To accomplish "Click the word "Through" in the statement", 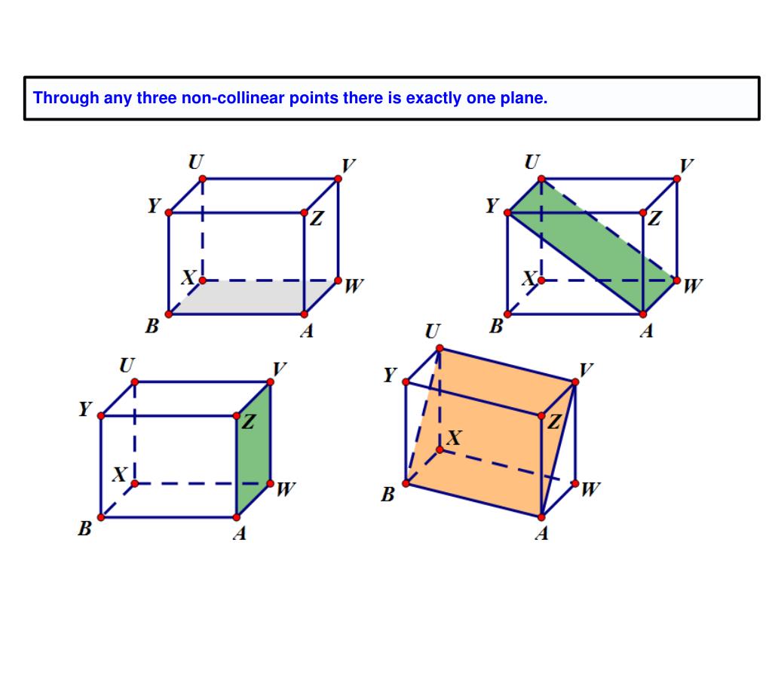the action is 66,98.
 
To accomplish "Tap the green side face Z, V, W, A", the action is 253,449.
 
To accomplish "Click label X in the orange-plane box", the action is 453,437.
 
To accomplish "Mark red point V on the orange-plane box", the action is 575,382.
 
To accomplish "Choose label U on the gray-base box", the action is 196,161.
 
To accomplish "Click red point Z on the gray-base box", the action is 305,213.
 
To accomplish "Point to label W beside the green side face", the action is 286,489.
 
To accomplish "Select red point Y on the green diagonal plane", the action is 507,213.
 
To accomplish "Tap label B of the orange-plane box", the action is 388,494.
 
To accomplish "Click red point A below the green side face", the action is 236,517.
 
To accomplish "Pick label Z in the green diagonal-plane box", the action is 654,218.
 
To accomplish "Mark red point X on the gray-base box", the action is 202,280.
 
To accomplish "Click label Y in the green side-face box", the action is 85,409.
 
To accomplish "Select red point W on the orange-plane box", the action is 575,483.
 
